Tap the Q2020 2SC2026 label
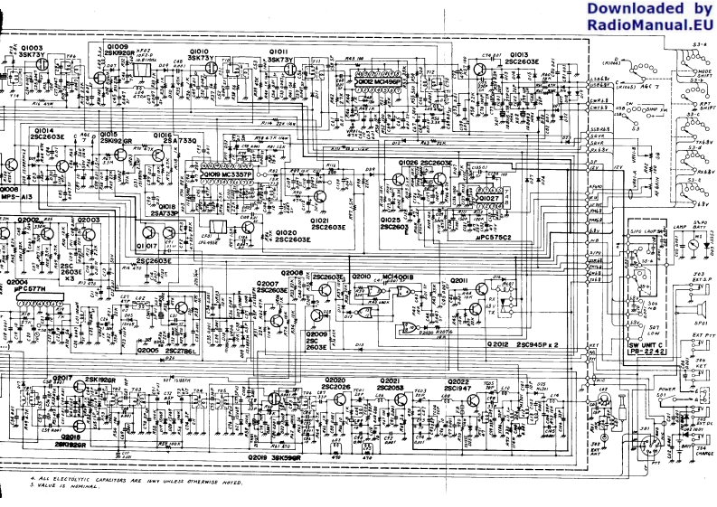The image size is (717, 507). (x=337, y=384)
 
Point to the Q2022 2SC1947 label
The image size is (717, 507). (x=459, y=384)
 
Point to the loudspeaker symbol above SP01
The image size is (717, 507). (x=696, y=303)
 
